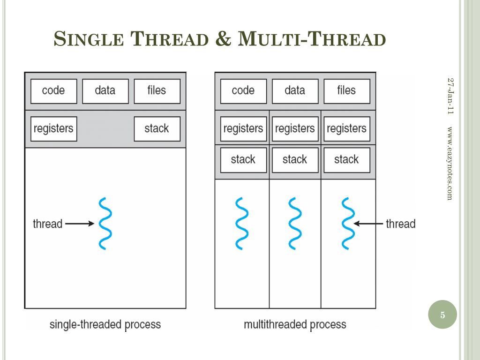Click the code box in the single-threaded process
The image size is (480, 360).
(53, 91)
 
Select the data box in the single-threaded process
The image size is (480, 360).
(105, 91)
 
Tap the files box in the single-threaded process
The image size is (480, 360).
(157, 91)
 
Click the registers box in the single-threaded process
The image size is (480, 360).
(53, 128)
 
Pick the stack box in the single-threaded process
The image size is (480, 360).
(157, 128)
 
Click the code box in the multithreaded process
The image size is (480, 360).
(243, 91)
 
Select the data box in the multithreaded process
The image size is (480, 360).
(295, 91)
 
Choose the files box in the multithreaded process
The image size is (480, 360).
(346, 91)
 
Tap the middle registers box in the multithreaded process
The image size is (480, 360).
(295, 129)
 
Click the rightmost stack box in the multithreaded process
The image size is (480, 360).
(346, 160)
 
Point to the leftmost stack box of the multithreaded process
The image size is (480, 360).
(243, 160)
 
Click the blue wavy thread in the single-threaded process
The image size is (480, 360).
(105, 224)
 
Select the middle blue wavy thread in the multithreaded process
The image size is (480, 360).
(295, 224)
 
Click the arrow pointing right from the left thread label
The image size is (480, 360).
(80, 224)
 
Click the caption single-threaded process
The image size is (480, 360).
(105, 324)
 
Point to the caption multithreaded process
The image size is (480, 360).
(295, 324)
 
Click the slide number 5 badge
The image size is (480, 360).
(442, 315)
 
